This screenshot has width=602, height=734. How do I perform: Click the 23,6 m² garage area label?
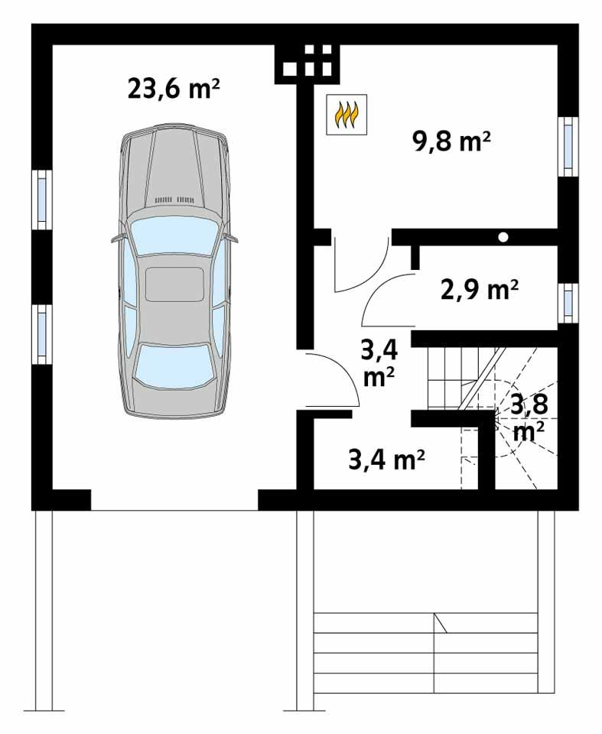tap(174, 89)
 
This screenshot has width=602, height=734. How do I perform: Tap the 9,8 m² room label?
tap(451, 142)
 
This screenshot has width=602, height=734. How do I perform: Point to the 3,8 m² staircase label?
tap(529, 417)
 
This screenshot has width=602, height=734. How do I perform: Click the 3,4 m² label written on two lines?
tap(379, 363)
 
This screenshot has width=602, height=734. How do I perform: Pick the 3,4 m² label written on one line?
tap(386, 460)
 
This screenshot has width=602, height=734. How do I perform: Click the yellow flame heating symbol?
tap(347, 115)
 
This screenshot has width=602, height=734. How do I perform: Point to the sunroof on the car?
tap(174, 284)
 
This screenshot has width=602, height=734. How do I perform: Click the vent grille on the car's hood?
tap(174, 200)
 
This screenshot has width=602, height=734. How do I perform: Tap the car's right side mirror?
tap(232, 239)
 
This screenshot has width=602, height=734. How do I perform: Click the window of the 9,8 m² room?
tap(568, 145)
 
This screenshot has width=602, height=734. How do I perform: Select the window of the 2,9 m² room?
tap(568, 302)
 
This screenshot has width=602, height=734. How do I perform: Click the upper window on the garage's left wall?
tap(41, 199)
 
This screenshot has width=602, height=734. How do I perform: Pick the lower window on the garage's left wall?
tap(41, 333)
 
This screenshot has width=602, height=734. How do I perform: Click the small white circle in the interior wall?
tap(503, 237)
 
